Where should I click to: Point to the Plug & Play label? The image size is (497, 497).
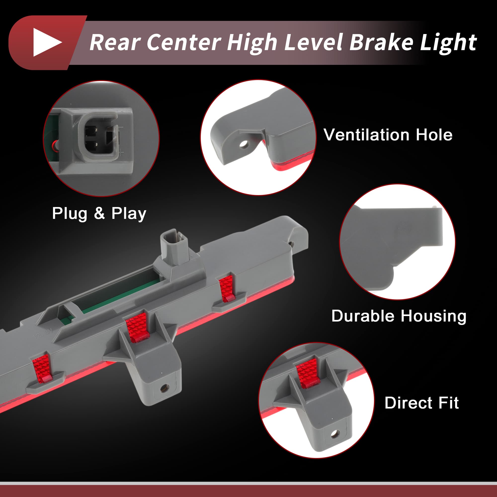tap(99, 213)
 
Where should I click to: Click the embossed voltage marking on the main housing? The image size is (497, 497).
tap(44, 333)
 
